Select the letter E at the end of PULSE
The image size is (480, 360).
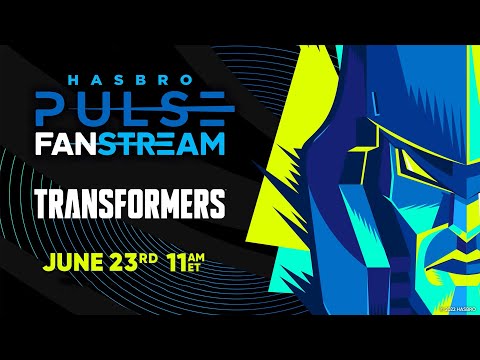pyautogui.click(x=214, y=107)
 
